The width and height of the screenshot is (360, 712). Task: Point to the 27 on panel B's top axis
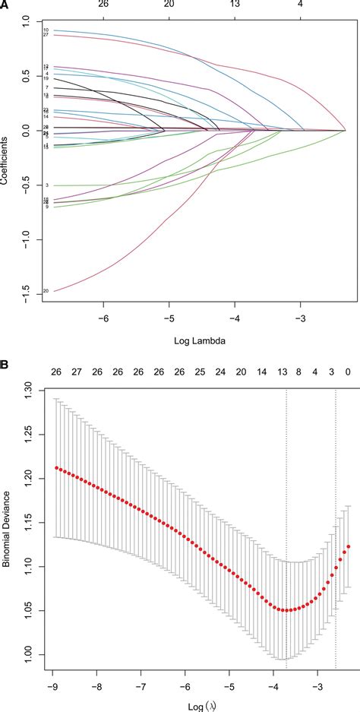tap(76, 372)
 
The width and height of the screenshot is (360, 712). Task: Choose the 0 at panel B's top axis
tap(349, 372)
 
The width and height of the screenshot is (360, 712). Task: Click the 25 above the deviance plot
tap(200, 372)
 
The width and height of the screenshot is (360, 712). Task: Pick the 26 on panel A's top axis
tap(103, 5)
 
